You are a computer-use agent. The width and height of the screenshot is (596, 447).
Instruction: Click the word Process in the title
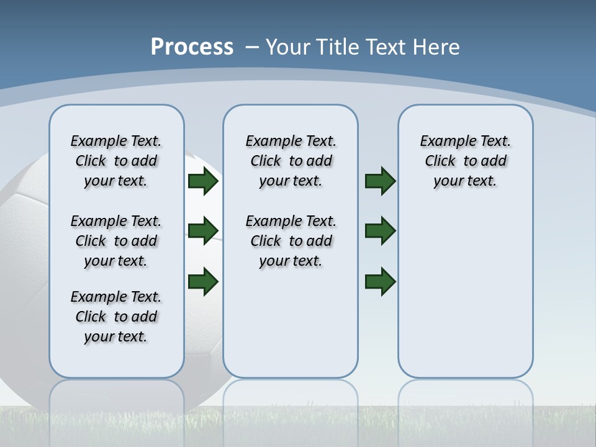192,47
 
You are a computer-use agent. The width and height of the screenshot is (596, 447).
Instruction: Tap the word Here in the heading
436,47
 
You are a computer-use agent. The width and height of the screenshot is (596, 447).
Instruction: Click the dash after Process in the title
252,47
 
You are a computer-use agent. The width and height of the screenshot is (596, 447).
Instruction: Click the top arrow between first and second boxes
203,181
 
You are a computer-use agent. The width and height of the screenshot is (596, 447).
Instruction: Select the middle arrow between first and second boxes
203,231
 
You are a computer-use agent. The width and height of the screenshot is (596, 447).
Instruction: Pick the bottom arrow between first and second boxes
203,281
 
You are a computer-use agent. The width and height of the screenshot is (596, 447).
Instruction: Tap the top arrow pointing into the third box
381,181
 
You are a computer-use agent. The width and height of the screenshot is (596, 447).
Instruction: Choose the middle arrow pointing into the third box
381,231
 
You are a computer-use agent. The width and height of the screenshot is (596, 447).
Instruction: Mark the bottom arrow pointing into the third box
381,281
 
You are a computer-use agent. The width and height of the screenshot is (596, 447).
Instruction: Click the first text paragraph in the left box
116,161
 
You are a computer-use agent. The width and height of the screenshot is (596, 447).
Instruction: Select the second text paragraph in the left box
116,241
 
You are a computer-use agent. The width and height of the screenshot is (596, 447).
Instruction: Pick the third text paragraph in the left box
116,317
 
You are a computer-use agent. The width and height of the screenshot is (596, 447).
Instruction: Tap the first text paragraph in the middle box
291,161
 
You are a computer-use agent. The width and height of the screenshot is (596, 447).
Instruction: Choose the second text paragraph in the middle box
291,241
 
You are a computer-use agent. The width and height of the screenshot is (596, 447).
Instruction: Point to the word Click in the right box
440,161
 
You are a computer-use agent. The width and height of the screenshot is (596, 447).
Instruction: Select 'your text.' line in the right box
465,181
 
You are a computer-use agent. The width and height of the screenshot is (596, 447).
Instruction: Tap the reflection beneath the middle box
291,404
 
